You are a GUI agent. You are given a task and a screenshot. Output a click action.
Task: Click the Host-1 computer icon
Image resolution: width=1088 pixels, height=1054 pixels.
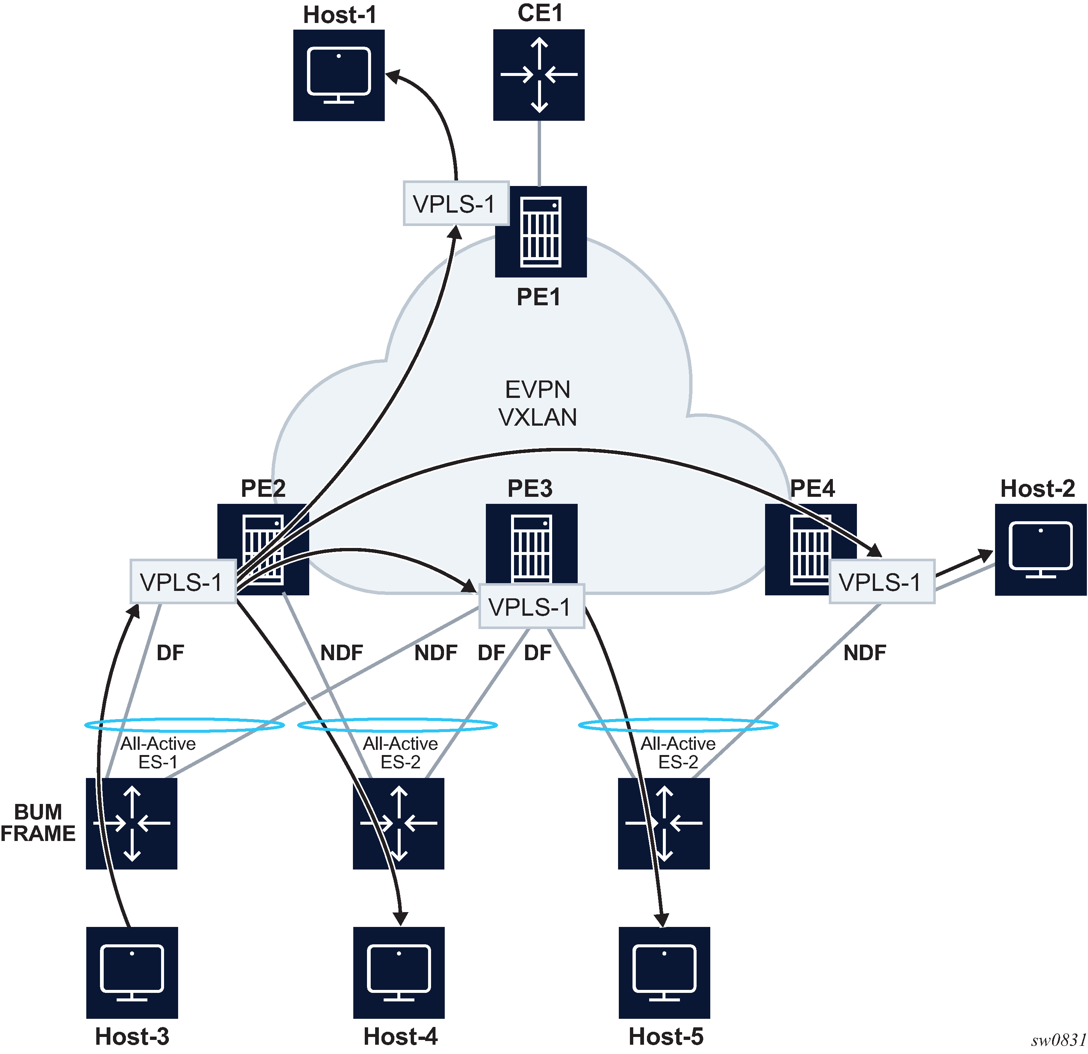coord(338,75)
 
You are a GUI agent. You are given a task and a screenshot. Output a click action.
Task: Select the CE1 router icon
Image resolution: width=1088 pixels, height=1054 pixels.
coord(538,74)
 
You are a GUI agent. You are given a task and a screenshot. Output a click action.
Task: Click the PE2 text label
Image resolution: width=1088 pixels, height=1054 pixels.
coord(263,489)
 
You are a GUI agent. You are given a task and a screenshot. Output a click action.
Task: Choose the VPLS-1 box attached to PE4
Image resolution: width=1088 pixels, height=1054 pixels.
coord(881,581)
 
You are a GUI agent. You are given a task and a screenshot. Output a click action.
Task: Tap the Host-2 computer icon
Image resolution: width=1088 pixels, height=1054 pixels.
coord(1040,550)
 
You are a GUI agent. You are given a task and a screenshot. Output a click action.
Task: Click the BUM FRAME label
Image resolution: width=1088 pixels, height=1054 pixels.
coord(38,823)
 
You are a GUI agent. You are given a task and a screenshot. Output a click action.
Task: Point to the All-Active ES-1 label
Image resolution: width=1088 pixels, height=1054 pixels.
coord(158,752)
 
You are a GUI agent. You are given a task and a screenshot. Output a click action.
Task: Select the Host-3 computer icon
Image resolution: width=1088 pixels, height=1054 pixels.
coord(132,972)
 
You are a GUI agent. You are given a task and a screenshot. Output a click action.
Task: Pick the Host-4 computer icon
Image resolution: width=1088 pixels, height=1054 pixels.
coord(398,972)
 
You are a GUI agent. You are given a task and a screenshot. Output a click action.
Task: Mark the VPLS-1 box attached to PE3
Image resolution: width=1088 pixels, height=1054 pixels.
coord(531,606)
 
